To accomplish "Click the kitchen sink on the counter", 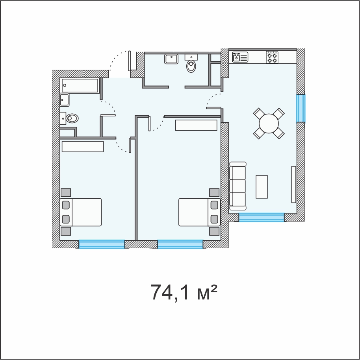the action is (240, 57).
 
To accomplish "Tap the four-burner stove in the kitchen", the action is (272, 57).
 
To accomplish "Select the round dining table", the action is (269, 124).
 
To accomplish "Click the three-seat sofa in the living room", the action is (238, 186).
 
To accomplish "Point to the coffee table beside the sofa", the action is (262, 186).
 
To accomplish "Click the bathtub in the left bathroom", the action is (80, 85).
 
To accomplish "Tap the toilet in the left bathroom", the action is (69, 118).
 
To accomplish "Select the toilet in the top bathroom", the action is (191, 63).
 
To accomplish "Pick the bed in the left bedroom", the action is (81, 212).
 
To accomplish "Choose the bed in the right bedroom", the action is (199, 212).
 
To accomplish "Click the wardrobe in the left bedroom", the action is (83, 146).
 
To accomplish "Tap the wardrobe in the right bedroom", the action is (196, 125).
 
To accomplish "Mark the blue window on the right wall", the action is (301, 108).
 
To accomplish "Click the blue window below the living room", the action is (262, 218).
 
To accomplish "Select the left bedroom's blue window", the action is (102, 244).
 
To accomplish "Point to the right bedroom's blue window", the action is (180, 244).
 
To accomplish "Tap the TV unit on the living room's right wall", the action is (293, 185).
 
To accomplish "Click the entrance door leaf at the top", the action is (130, 61).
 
